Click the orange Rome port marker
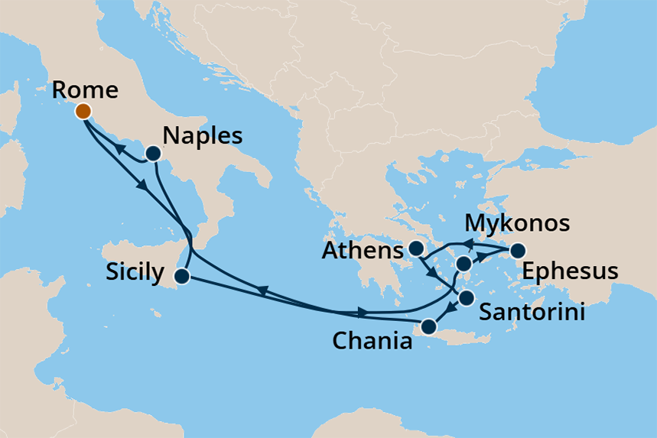click(83, 112)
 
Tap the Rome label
click(86, 90)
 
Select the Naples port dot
click(153, 154)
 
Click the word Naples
click(203, 136)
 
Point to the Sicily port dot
click(182, 276)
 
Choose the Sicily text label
click(135, 272)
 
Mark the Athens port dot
click(415, 248)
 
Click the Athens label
click(363, 251)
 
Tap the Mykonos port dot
click(463, 264)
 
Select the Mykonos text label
click(519, 223)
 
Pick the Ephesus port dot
click(518, 250)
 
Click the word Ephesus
click(570, 271)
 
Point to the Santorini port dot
click(466, 298)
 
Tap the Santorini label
click(533, 312)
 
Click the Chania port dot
click(428, 327)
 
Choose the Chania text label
click(372, 341)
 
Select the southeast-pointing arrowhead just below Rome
click(141, 185)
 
